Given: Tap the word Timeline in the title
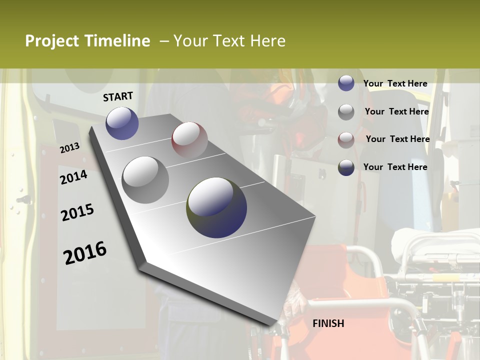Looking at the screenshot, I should [117, 41].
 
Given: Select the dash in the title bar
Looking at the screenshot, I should [164, 41].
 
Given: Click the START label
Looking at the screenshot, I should [118, 96].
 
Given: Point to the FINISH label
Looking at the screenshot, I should [328, 323].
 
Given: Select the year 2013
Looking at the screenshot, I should [70, 148].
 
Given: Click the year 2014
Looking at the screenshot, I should [73, 177].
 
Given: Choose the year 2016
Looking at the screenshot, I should [85, 253].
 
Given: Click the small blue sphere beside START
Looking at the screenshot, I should [122, 123].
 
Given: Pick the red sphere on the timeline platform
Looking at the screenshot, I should [189, 140].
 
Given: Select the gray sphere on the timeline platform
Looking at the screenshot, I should [145, 179].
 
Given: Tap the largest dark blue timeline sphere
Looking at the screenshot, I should [216, 207].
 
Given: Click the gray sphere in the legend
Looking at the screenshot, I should [346, 112].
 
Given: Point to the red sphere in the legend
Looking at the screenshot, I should [346, 139].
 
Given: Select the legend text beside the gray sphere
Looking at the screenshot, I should [396, 111].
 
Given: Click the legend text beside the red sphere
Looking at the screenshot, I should [397, 139].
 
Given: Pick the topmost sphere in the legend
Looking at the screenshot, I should [346, 83].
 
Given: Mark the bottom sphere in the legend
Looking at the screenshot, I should [346, 167].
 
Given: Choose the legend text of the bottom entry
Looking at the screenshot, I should [395, 167].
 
